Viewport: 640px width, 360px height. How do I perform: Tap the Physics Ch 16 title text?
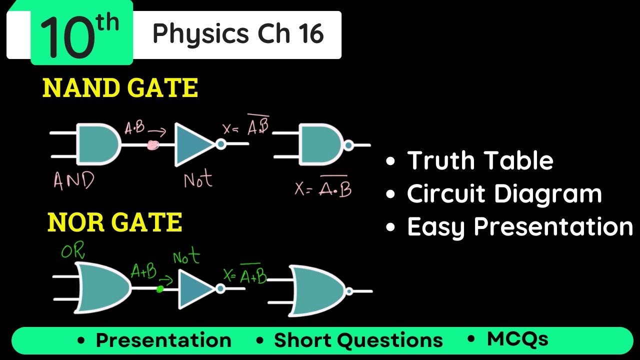click(x=238, y=34)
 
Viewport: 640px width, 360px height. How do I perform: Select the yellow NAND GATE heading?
click(x=120, y=88)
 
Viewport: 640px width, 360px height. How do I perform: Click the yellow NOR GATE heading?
click(x=114, y=222)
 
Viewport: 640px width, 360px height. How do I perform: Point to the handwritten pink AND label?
click(x=73, y=180)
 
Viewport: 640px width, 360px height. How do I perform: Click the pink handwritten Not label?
click(x=198, y=179)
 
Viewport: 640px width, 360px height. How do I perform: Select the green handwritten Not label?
click(x=186, y=258)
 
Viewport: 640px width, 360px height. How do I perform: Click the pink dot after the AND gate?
click(x=153, y=145)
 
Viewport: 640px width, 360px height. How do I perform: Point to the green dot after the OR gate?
click(x=160, y=288)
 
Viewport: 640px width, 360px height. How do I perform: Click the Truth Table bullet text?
click(x=480, y=160)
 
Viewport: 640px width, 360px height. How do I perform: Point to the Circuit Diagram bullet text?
click(x=504, y=193)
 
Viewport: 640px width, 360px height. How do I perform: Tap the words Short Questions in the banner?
click(x=358, y=340)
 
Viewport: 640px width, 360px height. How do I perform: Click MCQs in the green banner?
click(x=517, y=339)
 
